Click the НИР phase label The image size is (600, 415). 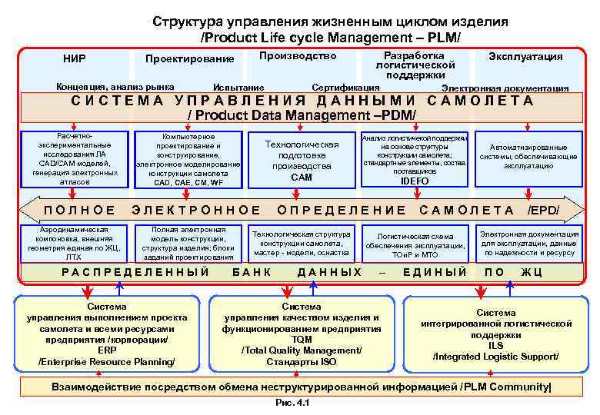75,58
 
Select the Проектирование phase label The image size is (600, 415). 190,59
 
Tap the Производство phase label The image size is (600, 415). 298,56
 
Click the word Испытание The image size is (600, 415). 238,88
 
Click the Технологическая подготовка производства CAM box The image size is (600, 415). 302,161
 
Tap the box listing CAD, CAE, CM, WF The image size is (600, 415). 188,160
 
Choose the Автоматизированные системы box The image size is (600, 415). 528,157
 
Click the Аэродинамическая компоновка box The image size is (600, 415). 75,243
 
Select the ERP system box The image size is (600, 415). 107,334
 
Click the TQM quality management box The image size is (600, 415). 302,334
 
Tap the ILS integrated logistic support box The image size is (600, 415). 496,335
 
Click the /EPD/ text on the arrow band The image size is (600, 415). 543,210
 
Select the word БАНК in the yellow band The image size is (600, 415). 252,272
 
